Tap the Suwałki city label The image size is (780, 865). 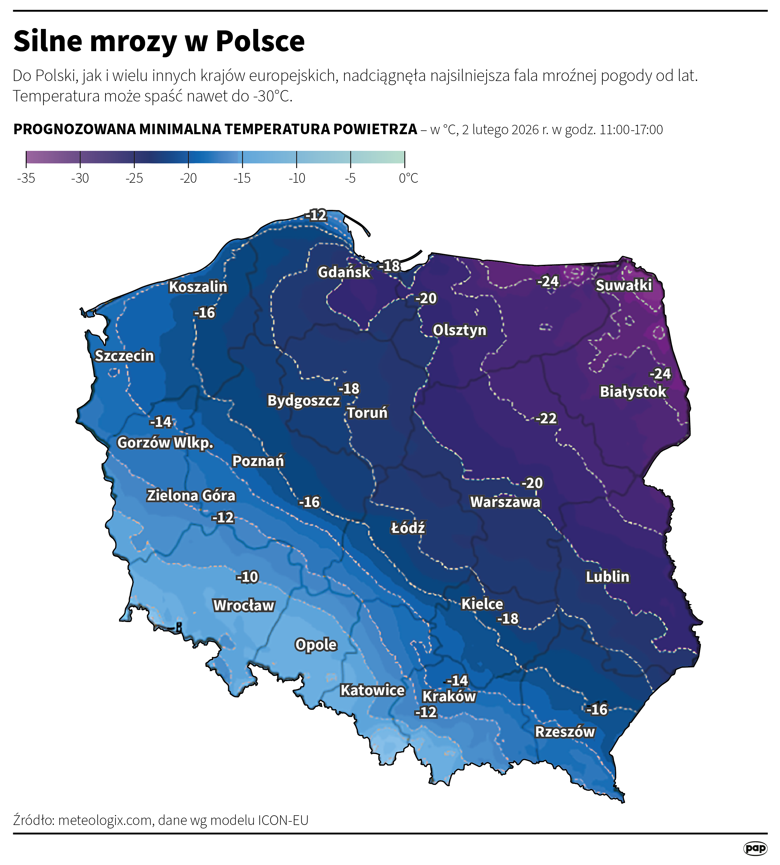(x=624, y=285)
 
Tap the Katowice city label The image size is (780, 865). (x=372, y=690)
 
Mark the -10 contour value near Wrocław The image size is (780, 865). (x=247, y=577)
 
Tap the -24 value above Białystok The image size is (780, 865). (x=660, y=374)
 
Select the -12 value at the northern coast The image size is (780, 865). (x=316, y=215)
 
